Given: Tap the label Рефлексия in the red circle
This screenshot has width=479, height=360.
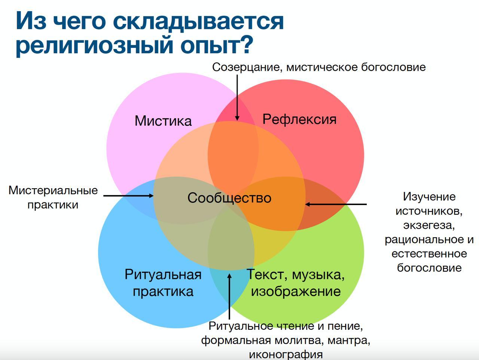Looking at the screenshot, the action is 299,120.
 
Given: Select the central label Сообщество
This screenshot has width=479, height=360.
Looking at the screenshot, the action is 229,198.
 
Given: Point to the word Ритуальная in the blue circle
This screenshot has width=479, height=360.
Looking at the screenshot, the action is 163,274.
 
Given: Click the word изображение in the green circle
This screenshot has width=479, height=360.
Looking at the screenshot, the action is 296,291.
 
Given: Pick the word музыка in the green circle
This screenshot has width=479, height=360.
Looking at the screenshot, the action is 318,275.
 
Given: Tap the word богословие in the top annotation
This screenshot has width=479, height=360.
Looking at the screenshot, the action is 393,67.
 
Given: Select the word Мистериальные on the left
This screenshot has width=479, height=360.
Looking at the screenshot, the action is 53,190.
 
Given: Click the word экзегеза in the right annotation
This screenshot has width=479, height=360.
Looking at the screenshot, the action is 429,225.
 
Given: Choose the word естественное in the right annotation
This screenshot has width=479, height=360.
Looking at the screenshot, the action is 429,254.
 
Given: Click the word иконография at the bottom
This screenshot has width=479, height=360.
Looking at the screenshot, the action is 286,354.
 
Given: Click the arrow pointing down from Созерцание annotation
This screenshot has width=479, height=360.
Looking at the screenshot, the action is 237,98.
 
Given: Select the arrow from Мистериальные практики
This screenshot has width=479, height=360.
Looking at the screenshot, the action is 128,196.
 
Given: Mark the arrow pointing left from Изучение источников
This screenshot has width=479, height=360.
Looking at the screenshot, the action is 336,204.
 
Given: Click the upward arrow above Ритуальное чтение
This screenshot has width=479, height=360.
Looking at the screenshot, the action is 229,296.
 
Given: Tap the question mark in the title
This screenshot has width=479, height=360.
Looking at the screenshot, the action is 247,44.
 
